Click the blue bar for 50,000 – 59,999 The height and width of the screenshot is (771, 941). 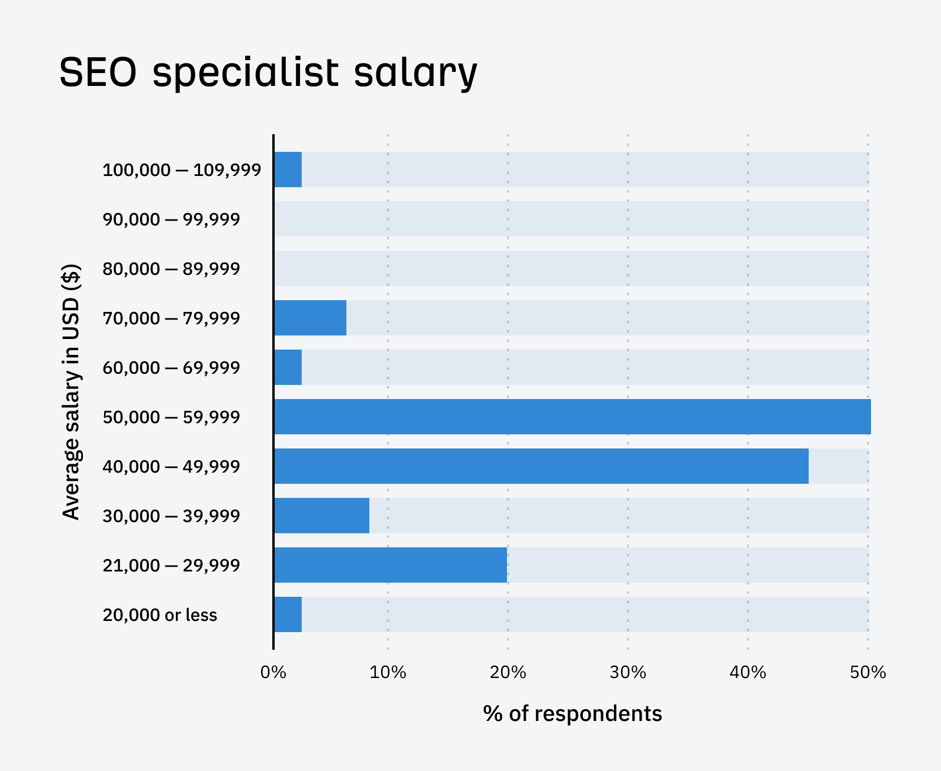(x=572, y=417)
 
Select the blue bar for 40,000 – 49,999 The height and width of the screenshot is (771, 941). (x=541, y=466)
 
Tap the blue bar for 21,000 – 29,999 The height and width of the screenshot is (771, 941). (x=391, y=565)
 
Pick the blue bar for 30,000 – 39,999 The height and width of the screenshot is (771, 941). (x=322, y=516)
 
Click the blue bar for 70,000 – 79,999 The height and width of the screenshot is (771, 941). (x=311, y=318)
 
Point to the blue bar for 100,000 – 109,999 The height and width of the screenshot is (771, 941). (x=288, y=170)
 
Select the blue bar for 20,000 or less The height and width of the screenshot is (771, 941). (x=288, y=614)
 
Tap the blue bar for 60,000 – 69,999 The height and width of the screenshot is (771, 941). (x=288, y=367)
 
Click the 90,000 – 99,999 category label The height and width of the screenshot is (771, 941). (x=171, y=220)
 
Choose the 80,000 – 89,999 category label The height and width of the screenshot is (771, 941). (x=171, y=269)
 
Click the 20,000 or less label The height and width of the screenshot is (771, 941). (x=160, y=615)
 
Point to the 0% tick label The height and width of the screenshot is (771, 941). (x=273, y=672)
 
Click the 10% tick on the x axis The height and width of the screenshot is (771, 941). (x=388, y=672)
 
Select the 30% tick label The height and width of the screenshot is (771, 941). (x=628, y=672)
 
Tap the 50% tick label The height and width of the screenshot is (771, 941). (x=867, y=672)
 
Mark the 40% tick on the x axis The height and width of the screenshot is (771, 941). (x=748, y=672)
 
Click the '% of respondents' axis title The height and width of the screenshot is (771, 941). (x=572, y=713)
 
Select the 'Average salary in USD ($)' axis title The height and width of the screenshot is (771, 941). (x=71, y=392)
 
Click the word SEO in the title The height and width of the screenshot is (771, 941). (x=98, y=73)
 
